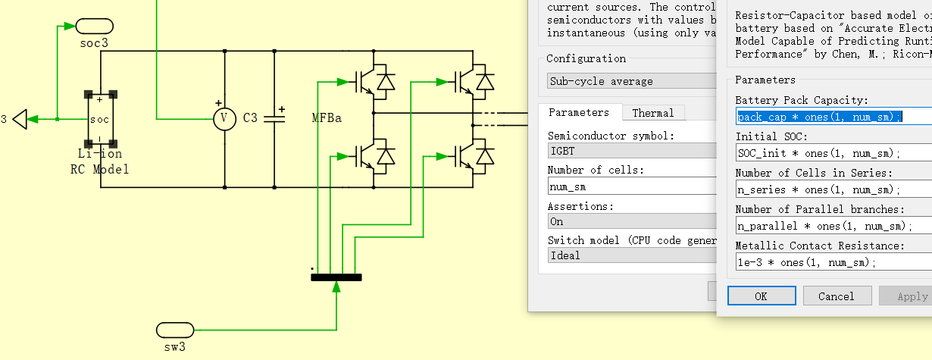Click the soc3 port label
pos(94,43)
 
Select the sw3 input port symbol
pos(175,330)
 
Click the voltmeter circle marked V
pos(224,118)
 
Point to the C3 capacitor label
pos(250,118)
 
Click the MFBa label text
pos(327,118)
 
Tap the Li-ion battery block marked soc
pos(100,119)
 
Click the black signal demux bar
pos(336,277)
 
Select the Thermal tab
pos(652,113)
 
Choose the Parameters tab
pos(579,113)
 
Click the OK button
pos(761,296)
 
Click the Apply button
pos(909,296)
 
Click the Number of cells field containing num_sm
pos(632,186)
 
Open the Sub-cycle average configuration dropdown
pos(632,81)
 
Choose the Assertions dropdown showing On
pos(632,221)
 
